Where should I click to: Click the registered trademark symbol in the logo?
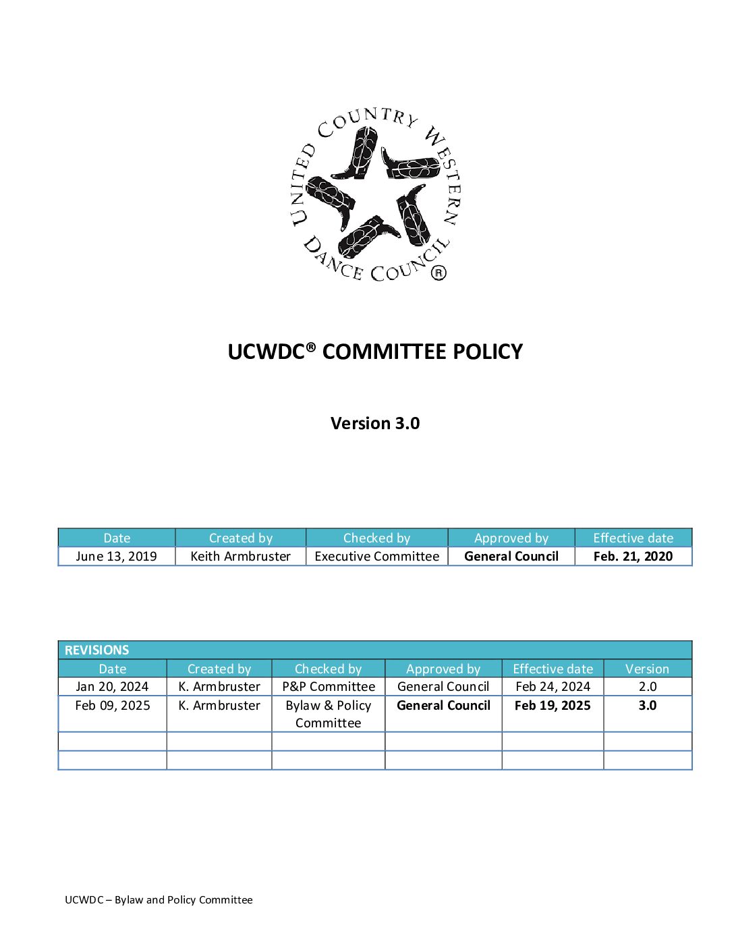[x=439, y=273]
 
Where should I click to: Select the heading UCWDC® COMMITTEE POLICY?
[x=375, y=352]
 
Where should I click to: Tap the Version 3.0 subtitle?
[x=375, y=423]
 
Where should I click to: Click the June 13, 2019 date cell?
[x=116, y=556]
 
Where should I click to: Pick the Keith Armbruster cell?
[x=240, y=556]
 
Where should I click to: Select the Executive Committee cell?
[x=376, y=556]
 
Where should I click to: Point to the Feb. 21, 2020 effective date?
[x=633, y=556]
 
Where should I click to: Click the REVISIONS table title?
[x=96, y=650]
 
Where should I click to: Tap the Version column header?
[x=647, y=669]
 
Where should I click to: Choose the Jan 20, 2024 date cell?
[x=112, y=686]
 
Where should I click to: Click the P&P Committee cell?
[x=329, y=686]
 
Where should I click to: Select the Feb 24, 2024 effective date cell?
[x=553, y=686]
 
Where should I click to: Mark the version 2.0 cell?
[x=647, y=686]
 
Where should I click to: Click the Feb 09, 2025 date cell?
[x=112, y=705]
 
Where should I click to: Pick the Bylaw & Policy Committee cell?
[x=329, y=714]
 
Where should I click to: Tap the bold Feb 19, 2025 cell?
[x=553, y=705]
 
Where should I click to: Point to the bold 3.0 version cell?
[x=647, y=705]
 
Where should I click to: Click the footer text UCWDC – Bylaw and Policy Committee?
[x=159, y=899]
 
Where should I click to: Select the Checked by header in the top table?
[x=376, y=538]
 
